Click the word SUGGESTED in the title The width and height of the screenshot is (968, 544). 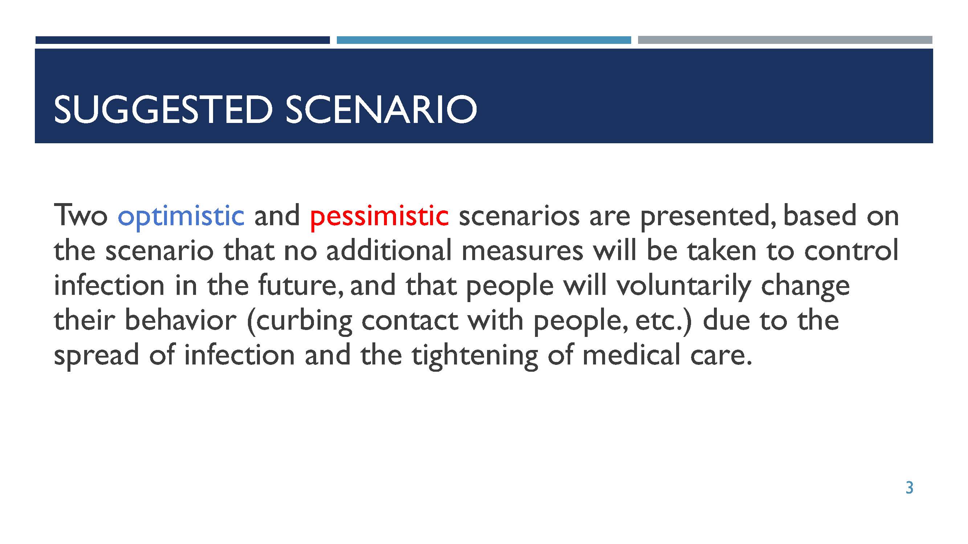click(x=163, y=109)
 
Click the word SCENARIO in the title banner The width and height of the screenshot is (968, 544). click(x=381, y=109)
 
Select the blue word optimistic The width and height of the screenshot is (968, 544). click(x=181, y=217)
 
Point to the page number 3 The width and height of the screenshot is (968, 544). click(x=909, y=488)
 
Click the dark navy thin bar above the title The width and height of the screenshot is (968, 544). click(x=183, y=40)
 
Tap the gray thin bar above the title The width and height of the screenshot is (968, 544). click(x=785, y=40)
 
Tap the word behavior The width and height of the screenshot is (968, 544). click(x=180, y=320)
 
